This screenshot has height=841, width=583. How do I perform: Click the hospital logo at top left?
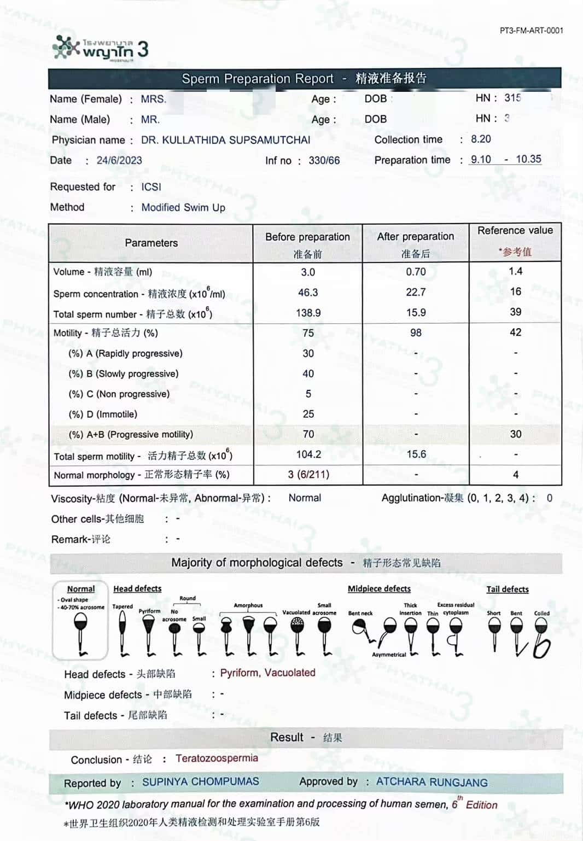(x=100, y=48)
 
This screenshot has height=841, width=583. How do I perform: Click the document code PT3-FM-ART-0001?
(x=531, y=31)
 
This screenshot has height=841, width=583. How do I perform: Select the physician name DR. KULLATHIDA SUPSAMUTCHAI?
(x=225, y=140)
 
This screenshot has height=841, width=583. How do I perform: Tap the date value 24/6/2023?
(x=119, y=160)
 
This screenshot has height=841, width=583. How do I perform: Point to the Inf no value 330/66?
(x=324, y=160)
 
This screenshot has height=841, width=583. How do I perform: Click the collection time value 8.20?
(x=481, y=139)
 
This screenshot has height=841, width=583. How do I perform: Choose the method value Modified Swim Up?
(x=183, y=207)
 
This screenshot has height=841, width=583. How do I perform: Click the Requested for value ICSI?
(x=151, y=187)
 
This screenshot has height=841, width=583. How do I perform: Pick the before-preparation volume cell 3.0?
(x=308, y=272)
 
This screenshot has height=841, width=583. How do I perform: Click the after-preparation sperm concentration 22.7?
(x=416, y=292)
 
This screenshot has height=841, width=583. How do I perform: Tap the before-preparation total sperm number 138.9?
(x=308, y=313)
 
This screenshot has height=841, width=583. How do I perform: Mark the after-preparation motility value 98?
(x=416, y=332)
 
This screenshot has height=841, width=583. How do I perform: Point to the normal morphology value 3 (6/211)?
(x=308, y=474)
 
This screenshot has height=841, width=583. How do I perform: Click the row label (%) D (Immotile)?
(x=103, y=414)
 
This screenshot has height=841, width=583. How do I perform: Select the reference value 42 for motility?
(x=515, y=332)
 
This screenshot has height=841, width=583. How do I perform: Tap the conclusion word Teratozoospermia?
(x=217, y=758)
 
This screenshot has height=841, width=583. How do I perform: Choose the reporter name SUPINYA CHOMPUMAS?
(x=201, y=781)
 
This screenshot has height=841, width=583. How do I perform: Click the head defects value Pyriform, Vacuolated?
(x=267, y=673)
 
